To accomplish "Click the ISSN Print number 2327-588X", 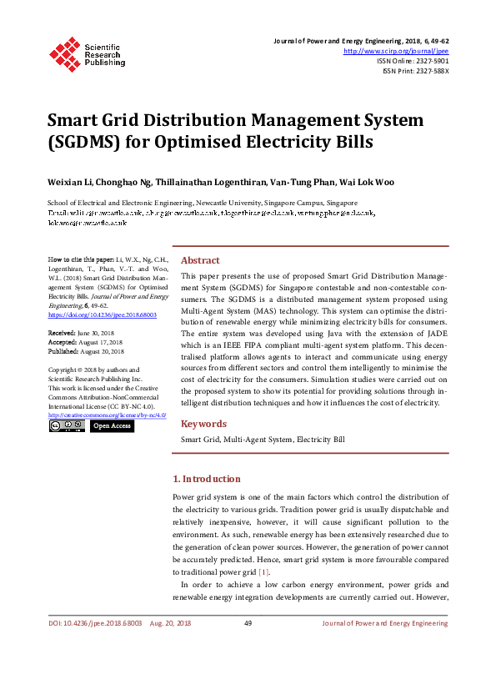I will (x=430, y=71).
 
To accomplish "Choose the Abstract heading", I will (x=200, y=260).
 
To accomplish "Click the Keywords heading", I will (x=203, y=424).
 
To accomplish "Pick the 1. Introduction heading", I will (x=206, y=479).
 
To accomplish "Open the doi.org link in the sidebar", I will (x=103, y=316).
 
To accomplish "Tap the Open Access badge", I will (x=112, y=425).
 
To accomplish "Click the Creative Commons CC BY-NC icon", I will (x=67, y=425).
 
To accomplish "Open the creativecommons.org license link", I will (x=107, y=414).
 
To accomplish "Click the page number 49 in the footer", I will (x=248, y=623).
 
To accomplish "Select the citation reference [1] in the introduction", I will (x=263, y=572).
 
